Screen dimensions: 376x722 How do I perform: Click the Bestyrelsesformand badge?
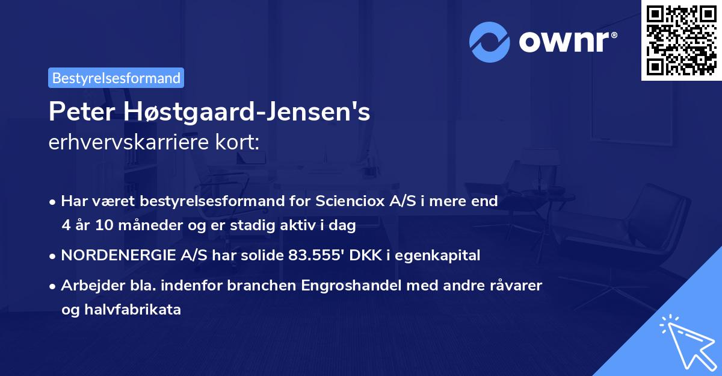point(116,78)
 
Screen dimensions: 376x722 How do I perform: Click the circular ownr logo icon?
point(489,42)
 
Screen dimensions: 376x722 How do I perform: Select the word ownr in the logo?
point(566,42)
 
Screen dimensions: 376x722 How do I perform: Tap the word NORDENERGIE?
point(110,255)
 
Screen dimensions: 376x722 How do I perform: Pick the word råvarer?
point(517,286)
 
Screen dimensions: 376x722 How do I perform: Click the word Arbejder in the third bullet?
point(88,286)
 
